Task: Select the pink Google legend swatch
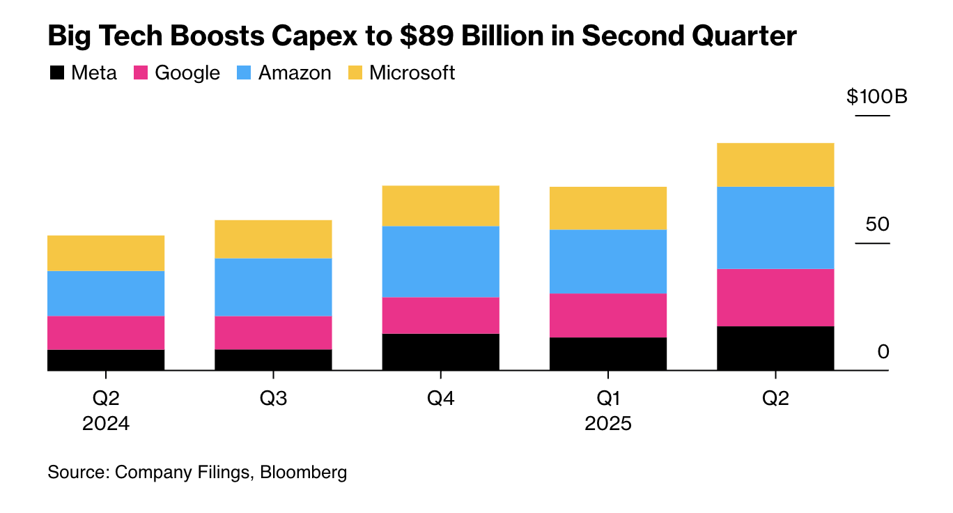coord(140,72)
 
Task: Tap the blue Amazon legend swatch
coord(244,72)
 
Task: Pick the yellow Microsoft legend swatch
coord(355,72)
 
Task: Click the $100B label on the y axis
coord(877,96)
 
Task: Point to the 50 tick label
coord(878,224)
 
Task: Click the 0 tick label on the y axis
coord(883,352)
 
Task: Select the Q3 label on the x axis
coord(273,399)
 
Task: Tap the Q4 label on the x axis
coord(440,399)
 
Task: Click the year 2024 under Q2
coord(106,424)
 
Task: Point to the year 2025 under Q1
coord(607,424)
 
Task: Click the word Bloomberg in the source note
coord(303,472)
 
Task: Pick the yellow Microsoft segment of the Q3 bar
coord(273,239)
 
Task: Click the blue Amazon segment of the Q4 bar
coord(440,261)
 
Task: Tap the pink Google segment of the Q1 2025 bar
coord(607,315)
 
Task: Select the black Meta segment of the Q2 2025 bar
coord(775,348)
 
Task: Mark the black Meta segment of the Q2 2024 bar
coord(106,360)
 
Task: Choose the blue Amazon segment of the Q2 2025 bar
coord(775,227)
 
